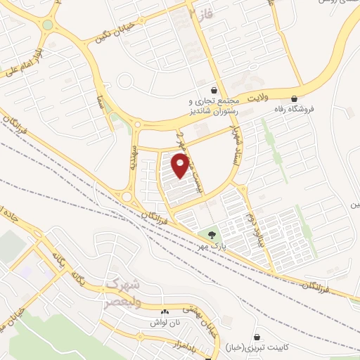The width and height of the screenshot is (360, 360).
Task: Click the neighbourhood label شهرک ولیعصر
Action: (125, 291)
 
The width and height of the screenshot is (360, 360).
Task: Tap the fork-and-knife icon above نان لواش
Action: (165, 311)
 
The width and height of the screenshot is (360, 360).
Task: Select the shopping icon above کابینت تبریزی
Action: (258, 337)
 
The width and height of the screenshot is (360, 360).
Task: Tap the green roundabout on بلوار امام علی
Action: (47, 25)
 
